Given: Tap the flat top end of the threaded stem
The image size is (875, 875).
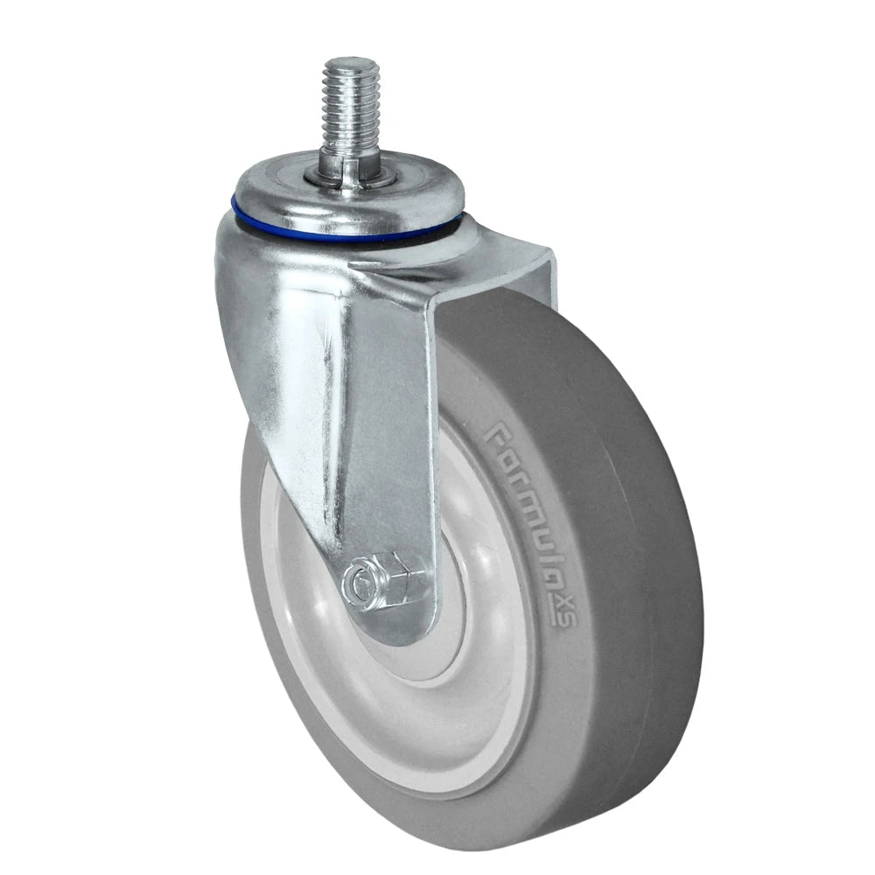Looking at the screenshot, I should pyautogui.click(x=348, y=63).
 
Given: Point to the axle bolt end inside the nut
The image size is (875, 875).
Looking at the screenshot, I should pyautogui.click(x=357, y=579).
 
